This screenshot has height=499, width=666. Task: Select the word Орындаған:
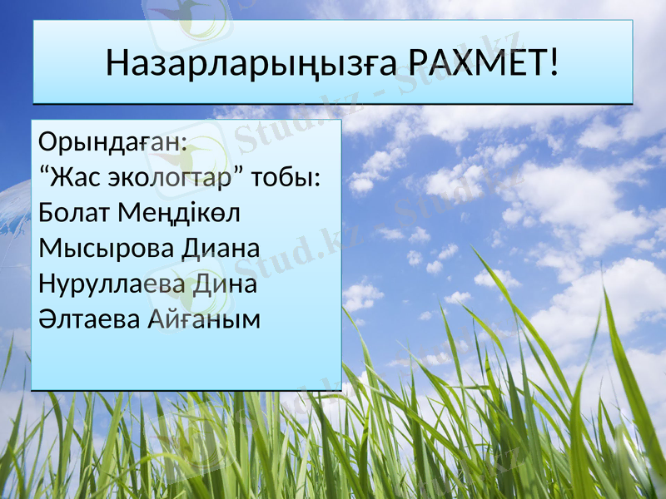[x=113, y=142]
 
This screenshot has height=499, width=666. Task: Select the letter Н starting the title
[x=117, y=62]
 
